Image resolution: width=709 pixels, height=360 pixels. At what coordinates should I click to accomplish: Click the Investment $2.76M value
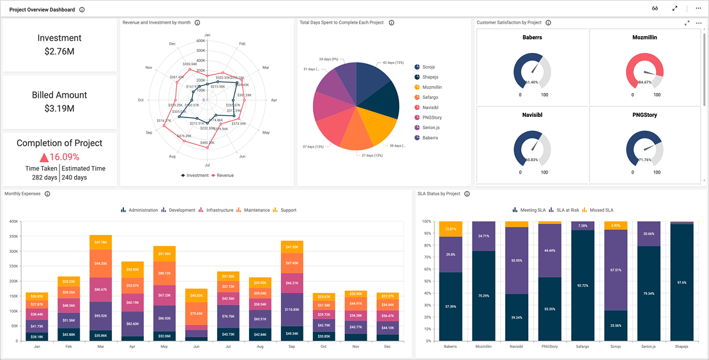(x=59, y=52)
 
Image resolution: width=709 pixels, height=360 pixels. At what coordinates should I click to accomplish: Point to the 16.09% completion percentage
(x=64, y=157)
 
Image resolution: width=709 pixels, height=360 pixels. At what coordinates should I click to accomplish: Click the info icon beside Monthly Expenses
(x=47, y=194)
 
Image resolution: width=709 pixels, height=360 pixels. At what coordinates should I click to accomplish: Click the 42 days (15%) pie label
(x=393, y=63)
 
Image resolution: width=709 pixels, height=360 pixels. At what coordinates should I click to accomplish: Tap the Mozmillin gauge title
(x=645, y=38)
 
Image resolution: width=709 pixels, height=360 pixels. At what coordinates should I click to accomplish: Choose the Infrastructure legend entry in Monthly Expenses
(x=219, y=210)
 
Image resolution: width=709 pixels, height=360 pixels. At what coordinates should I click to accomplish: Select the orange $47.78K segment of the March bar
(x=100, y=243)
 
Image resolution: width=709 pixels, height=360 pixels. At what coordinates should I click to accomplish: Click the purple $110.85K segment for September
(x=292, y=309)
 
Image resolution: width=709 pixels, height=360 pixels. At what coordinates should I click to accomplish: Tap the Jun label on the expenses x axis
(x=196, y=347)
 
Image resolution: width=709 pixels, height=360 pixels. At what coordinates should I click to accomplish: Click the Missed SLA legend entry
(x=601, y=210)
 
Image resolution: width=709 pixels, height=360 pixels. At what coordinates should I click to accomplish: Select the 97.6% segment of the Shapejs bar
(x=682, y=283)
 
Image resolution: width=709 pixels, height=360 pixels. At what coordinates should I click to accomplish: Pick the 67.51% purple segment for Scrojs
(x=616, y=270)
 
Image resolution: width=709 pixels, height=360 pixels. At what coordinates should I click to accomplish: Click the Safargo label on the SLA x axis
(x=583, y=347)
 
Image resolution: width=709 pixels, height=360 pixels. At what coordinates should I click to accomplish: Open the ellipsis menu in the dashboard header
(x=698, y=9)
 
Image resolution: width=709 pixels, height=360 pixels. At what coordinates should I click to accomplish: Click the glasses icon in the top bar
(x=655, y=9)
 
